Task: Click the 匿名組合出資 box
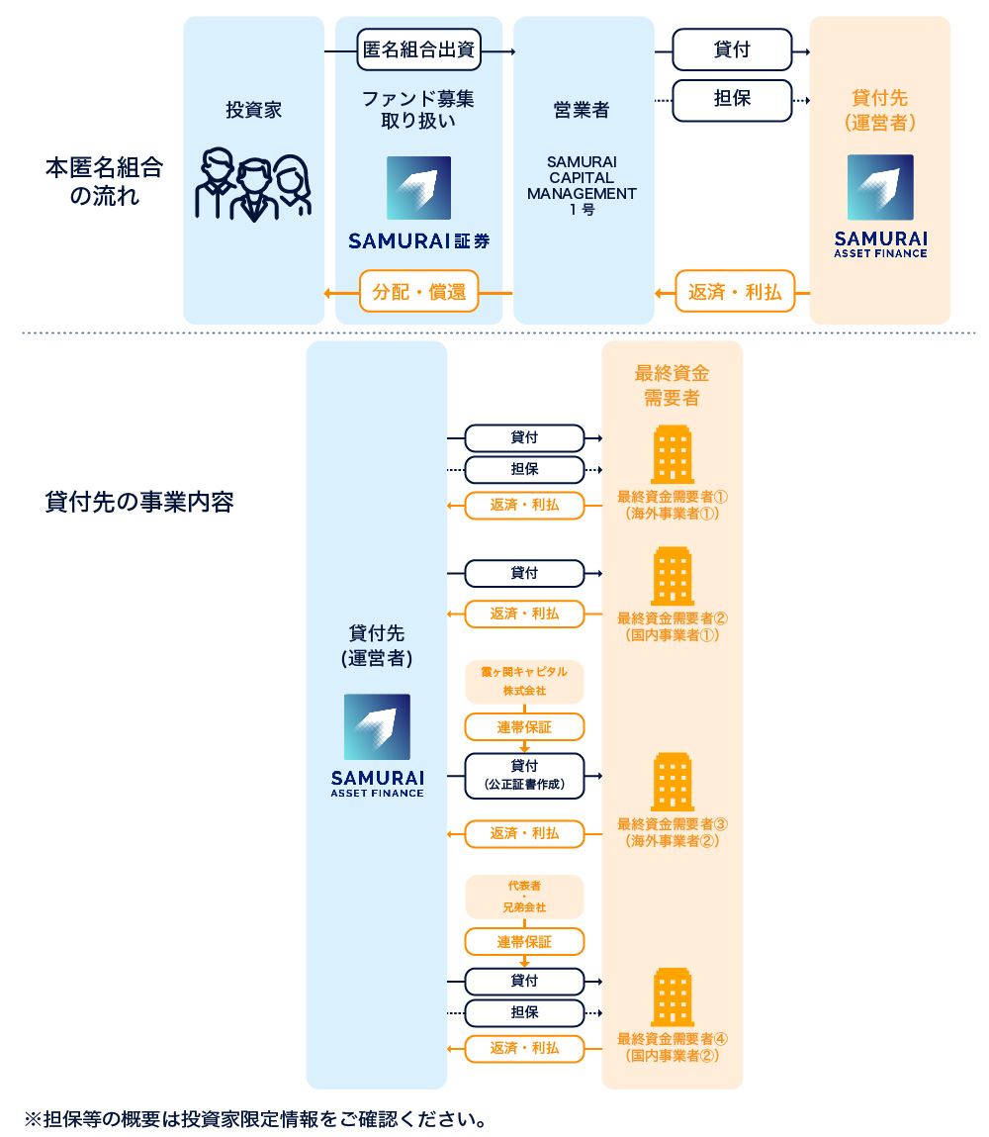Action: coord(419,49)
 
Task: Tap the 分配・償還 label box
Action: coord(418,292)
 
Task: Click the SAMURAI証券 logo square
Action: coord(418,188)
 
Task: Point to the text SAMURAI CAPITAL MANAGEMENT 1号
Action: coord(582,186)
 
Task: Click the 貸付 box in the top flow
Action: coord(732,49)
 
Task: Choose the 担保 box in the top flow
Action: coord(732,100)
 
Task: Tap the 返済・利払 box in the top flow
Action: coord(735,292)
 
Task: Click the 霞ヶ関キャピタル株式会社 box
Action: coord(524,681)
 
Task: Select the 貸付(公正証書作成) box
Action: coord(524,775)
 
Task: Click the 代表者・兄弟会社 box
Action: coord(524,896)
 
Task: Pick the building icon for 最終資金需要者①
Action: coord(673,455)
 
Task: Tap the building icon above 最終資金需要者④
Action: coord(673,996)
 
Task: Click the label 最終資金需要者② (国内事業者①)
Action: coord(673,626)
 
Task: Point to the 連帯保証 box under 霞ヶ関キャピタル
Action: coord(524,727)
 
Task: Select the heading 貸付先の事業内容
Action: coord(139,501)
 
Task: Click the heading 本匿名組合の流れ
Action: coord(104,181)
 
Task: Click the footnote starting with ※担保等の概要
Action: coord(256,1119)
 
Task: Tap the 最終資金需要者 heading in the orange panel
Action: coord(672,385)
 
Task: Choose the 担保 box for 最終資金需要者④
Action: coord(524,1013)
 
